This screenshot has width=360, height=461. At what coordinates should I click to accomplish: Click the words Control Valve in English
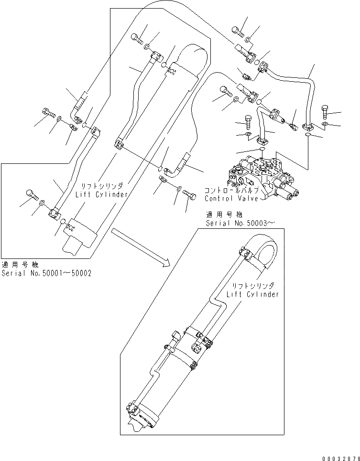click(x=231, y=198)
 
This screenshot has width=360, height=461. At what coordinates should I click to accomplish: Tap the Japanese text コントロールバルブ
click(x=232, y=190)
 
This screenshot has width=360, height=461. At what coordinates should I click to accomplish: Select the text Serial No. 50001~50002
click(x=46, y=273)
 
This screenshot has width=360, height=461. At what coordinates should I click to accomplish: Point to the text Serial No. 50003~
click(x=240, y=223)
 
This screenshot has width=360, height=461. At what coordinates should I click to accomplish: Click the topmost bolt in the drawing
click(x=238, y=31)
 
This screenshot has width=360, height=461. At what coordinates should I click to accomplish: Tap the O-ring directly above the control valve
click(x=262, y=150)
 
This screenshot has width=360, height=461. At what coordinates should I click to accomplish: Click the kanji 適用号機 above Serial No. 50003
click(x=224, y=214)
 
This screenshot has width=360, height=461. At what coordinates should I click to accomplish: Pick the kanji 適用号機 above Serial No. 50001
click(x=20, y=264)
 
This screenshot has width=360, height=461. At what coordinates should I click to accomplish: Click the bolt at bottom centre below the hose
click(x=189, y=194)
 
